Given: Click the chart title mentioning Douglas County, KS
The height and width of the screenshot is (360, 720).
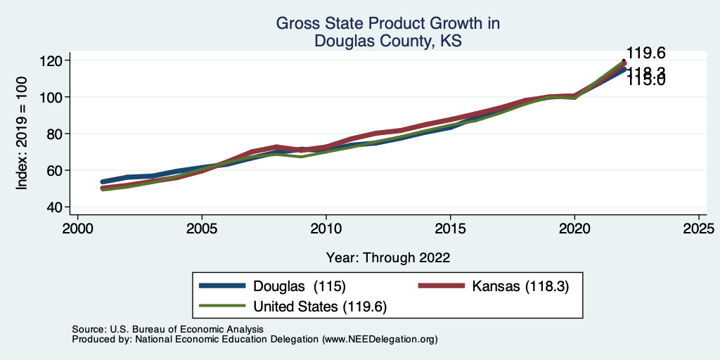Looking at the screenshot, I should click(387, 32).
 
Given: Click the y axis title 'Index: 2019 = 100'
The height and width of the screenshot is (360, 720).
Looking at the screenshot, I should click(22, 134).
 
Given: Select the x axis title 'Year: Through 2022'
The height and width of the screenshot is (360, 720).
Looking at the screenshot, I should click(387, 257).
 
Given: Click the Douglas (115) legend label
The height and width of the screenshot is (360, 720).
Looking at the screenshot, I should click(300, 286).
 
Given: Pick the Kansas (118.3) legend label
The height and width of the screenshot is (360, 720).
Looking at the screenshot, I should click(520, 286).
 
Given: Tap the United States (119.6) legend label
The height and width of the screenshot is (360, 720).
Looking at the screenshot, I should click(320, 307).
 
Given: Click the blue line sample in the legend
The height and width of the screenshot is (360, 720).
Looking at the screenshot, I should click(223, 286).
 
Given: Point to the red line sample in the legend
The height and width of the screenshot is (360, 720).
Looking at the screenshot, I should click(442, 286).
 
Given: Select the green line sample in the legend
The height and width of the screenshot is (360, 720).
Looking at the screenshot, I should click(223, 307).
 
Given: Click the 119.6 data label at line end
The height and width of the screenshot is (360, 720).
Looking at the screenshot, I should click(645, 53).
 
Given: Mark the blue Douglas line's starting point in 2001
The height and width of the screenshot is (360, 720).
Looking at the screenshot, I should click(103, 182).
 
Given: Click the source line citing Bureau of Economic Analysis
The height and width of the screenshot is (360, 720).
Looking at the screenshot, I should click(167, 329).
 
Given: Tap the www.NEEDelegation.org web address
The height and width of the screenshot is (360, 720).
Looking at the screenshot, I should click(380, 339).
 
